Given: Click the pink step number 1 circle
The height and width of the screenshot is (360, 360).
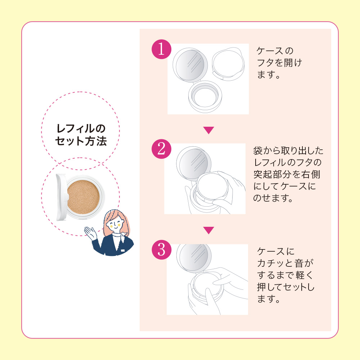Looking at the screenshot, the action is [x=161, y=49].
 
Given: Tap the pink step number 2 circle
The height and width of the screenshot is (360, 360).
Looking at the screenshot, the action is [x=161, y=149].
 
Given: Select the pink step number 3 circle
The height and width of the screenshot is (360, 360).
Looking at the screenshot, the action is [x=161, y=249].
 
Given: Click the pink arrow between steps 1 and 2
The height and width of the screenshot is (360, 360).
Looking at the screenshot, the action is [x=208, y=130].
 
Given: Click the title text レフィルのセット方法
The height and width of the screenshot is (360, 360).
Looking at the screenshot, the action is [x=81, y=135].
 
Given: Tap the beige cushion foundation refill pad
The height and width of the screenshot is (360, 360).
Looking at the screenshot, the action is [x=83, y=197].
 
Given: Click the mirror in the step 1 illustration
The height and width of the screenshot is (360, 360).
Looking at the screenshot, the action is [x=190, y=65].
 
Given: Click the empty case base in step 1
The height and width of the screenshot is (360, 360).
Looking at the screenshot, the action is [x=205, y=96].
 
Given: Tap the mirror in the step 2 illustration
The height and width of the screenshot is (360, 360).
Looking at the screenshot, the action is [x=194, y=162].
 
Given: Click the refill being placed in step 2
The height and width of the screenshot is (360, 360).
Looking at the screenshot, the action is [x=212, y=186].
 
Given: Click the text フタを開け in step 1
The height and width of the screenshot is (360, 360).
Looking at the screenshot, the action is [x=279, y=63].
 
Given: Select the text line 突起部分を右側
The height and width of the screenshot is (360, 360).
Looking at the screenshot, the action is [x=287, y=174].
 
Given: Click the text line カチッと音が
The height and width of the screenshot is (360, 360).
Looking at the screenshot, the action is [x=285, y=263].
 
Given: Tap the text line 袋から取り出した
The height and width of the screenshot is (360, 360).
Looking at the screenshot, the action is [x=288, y=150].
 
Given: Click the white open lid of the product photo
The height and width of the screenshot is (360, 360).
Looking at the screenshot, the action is [x=62, y=197].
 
